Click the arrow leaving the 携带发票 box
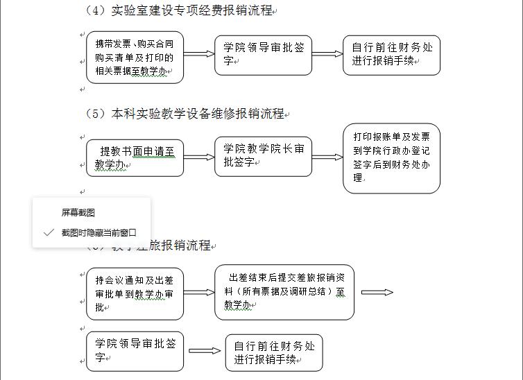(x=199, y=54)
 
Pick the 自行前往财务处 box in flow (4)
(x=391, y=55)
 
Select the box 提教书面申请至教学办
(x=135, y=157)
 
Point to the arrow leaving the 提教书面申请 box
(x=199, y=157)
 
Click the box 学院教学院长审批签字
(x=264, y=156)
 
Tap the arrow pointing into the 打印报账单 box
(x=327, y=157)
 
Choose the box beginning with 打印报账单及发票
(x=391, y=158)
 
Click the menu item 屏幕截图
(x=78, y=212)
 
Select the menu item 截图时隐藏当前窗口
(x=98, y=233)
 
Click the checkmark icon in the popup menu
(x=48, y=233)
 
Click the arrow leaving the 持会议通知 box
(x=199, y=292)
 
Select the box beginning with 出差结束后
(x=284, y=292)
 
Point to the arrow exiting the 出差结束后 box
(x=377, y=292)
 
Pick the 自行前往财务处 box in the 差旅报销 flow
(x=273, y=352)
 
